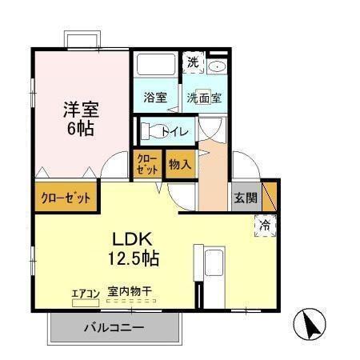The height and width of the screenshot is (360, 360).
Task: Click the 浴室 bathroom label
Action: coord(155,98)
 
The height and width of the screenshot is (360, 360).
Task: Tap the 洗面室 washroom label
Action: coord(205,98)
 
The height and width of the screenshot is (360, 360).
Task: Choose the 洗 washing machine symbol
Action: coord(194,62)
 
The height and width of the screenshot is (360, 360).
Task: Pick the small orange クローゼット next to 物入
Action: coord(146,163)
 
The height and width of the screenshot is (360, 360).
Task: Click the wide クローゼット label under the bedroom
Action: coord(66,198)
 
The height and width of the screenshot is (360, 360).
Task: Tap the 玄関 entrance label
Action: coord(246,198)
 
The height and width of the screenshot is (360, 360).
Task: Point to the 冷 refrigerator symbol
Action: coord(265,226)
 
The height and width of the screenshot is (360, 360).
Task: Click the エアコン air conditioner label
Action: coord(86,294)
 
